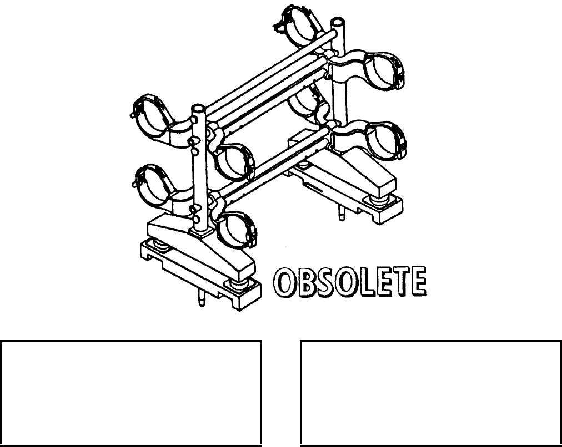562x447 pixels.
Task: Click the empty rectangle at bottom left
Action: (131, 393)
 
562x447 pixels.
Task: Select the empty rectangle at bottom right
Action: (430, 393)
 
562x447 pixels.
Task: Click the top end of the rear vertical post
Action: (337, 23)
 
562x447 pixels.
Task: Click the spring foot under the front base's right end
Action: (238, 285)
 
